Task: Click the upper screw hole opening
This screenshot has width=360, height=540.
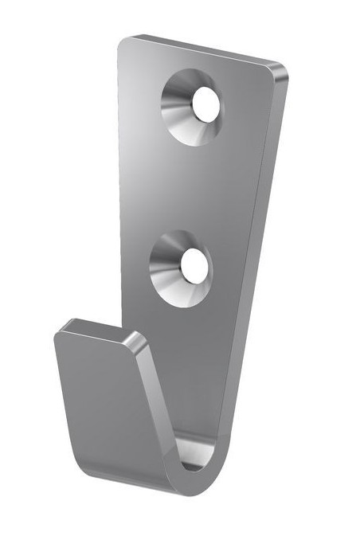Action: pos(205,104)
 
